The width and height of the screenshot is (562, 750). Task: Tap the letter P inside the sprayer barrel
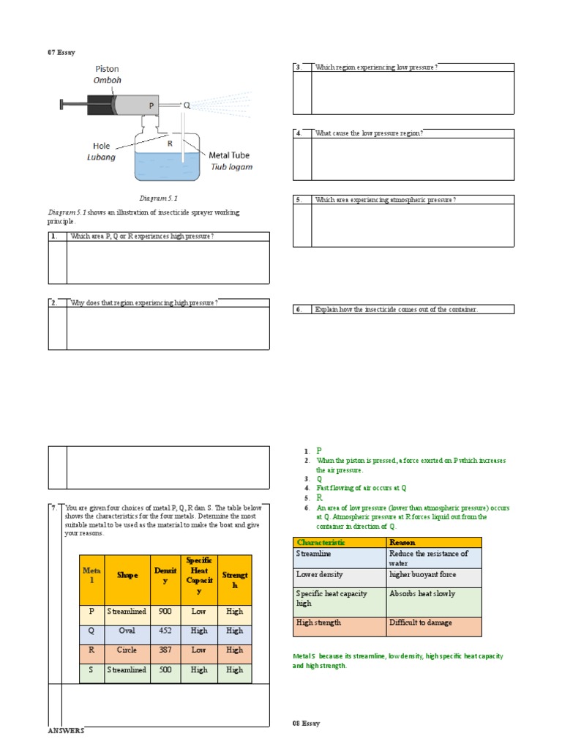[x=151, y=105]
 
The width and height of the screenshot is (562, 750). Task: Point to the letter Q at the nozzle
[x=187, y=105]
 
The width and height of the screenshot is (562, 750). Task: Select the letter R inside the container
[x=170, y=144]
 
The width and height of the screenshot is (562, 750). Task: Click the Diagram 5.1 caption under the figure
[x=159, y=198]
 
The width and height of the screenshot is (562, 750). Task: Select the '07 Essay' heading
[x=61, y=52]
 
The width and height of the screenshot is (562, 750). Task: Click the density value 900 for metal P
[x=165, y=611]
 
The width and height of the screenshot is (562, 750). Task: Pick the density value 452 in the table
[x=165, y=631]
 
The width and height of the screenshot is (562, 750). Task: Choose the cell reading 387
[x=165, y=650]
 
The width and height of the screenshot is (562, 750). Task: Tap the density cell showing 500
[x=165, y=669]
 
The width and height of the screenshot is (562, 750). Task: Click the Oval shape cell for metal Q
[x=127, y=631]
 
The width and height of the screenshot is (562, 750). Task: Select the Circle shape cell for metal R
[x=127, y=650]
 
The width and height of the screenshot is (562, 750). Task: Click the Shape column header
[x=127, y=575]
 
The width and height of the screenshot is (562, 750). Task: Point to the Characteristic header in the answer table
[x=321, y=542]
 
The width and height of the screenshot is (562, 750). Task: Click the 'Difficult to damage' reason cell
[x=421, y=623]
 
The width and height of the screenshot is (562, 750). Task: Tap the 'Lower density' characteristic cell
[x=319, y=574]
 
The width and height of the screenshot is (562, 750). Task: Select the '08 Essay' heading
[x=306, y=723]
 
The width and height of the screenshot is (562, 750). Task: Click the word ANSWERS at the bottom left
[x=66, y=730]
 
